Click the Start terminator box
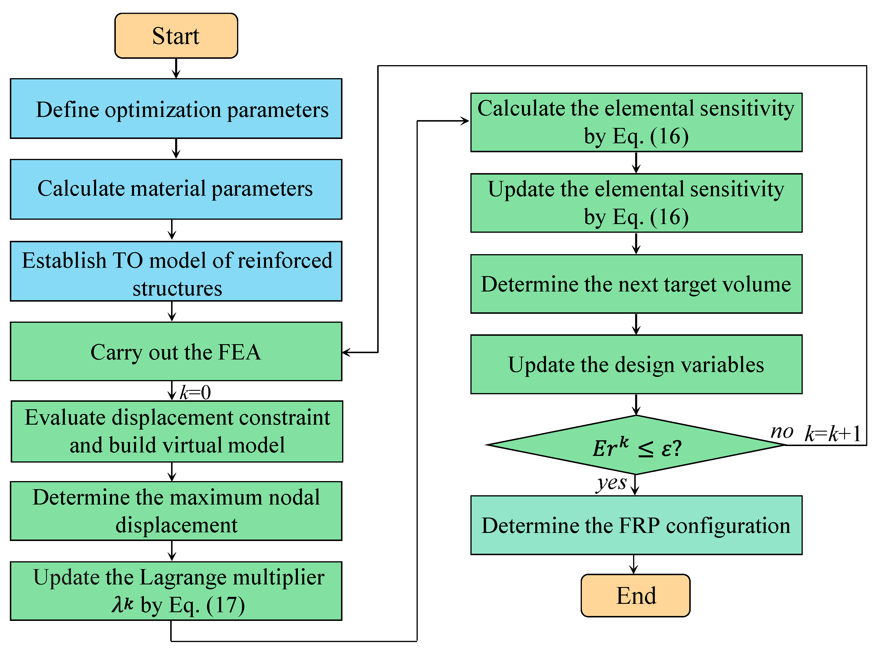point(176,36)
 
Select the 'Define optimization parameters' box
point(176,109)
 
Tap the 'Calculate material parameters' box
point(176,189)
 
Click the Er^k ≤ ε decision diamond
point(636,445)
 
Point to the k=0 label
point(195,393)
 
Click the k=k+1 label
point(832,434)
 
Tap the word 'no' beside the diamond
point(782,432)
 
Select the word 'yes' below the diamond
point(612,483)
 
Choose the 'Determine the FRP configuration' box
point(636,525)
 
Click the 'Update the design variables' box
point(636,364)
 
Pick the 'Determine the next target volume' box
point(636,284)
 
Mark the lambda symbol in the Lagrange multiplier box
point(118,604)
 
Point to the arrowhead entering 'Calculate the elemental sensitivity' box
point(465,121)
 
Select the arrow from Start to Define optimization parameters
point(176,69)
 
